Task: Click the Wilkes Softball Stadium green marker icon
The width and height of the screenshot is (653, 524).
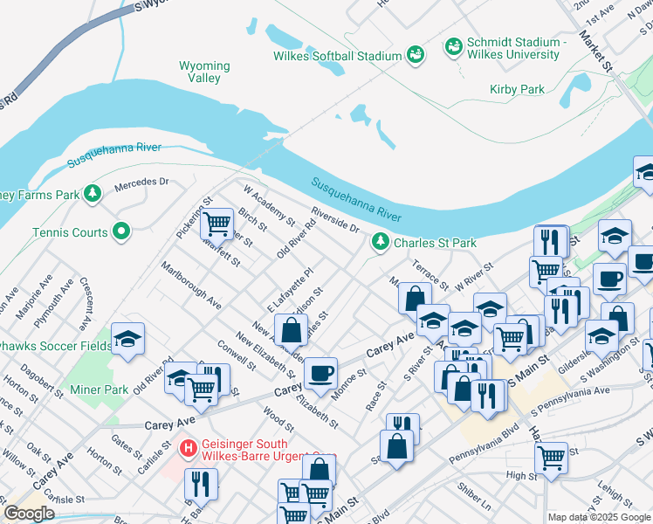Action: click(x=416, y=56)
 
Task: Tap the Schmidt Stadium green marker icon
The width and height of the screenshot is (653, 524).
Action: click(x=454, y=45)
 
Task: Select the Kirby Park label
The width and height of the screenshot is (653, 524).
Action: click(x=517, y=89)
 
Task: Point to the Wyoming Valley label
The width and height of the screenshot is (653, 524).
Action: click(x=204, y=72)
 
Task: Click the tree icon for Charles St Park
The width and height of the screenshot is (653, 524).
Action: click(x=380, y=242)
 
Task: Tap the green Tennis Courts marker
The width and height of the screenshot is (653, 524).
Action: click(x=122, y=232)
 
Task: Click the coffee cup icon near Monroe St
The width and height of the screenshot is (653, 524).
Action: click(x=320, y=373)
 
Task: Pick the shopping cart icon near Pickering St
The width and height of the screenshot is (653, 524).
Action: click(x=217, y=224)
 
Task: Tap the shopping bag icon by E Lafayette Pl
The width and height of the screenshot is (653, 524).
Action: click(x=292, y=330)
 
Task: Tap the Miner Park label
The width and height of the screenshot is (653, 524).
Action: click(x=105, y=390)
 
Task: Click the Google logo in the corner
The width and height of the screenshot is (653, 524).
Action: click(x=29, y=514)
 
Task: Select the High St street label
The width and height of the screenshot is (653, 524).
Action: click(x=521, y=476)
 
